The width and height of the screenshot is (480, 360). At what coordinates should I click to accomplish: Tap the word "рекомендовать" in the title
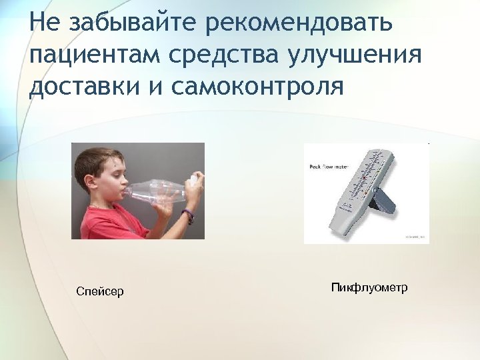coord(299,23)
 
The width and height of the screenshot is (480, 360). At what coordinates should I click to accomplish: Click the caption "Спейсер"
coord(100,291)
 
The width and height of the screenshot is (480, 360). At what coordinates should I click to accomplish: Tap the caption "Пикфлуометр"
coord(369,287)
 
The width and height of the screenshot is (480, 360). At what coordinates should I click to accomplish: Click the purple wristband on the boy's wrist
coord(189,215)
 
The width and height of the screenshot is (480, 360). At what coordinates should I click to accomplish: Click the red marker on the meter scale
coord(364,179)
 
